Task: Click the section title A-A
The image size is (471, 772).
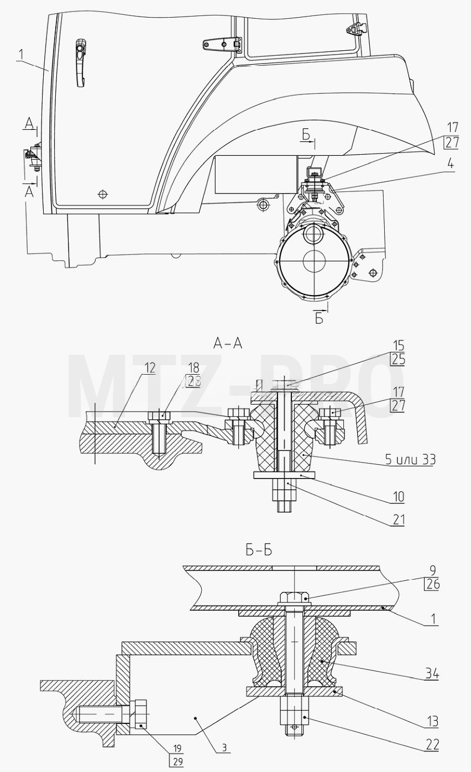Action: click(x=228, y=344)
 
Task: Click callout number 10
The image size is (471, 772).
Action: click(x=398, y=497)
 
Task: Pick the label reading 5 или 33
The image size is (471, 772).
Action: click(x=410, y=459)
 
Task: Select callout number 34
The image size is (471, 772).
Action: click(x=432, y=674)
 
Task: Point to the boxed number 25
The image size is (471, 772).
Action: click(x=397, y=359)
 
